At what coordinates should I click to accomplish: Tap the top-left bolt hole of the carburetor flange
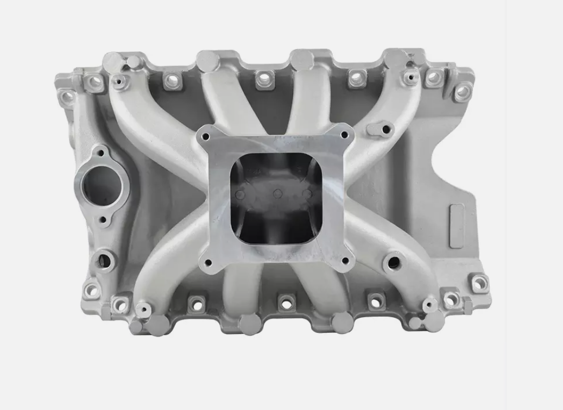click(x=205, y=136)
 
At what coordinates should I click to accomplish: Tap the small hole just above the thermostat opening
click(x=98, y=153)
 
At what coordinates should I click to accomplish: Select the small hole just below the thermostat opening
click(x=103, y=220)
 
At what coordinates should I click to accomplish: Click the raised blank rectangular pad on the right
click(x=457, y=225)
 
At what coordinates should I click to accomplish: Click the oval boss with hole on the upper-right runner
click(x=385, y=129)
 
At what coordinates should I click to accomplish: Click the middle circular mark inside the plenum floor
click(x=277, y=193)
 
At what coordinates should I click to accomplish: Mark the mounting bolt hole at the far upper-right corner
click(x=462, y=92)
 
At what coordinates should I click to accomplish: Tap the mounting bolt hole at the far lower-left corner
click(x=91, y=289)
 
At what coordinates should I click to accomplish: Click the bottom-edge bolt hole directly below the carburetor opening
click(x=286, y=302)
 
